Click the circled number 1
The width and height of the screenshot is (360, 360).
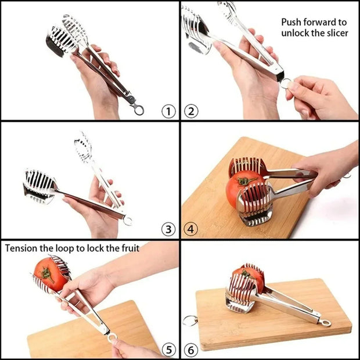[168, 110]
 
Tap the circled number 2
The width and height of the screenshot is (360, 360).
[191, 110]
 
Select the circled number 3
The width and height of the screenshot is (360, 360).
[168, 229]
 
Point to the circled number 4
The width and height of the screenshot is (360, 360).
[191, 229]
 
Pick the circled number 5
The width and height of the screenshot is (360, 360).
[168, 349]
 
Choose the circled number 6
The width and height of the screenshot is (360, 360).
[191, 349]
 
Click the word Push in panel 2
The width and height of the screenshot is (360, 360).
[293, 22]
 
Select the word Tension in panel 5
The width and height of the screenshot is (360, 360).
[22, 248]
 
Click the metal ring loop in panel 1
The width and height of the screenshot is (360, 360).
[138, 109]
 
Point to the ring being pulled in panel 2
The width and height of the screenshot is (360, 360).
[286, 83]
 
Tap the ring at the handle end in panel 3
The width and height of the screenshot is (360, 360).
[128, 220]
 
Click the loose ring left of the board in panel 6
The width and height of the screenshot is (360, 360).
[189, 321]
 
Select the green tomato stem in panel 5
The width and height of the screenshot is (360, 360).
[46, 273]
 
